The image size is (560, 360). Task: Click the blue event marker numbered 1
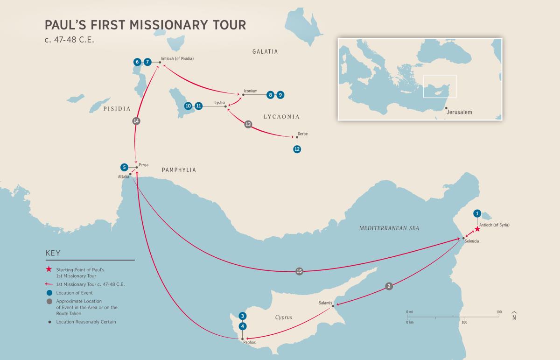click(477, 213)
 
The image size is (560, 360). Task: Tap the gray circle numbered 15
click(299, 271)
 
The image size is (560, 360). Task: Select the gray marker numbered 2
click(389, 287)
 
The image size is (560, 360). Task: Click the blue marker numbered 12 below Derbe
click(297, 149)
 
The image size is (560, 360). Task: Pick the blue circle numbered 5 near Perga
click(124, 167)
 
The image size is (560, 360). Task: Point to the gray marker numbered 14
click(136, 121)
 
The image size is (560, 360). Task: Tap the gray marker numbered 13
click(248, 124)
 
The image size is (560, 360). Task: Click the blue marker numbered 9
click(280, 95)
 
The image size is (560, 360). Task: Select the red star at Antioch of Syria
click(477, 229)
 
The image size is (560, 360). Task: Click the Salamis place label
click(325, 303)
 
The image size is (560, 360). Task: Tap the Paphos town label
click(250, 343)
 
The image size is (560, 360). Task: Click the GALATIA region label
click(265, 51)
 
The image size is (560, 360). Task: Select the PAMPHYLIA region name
click(179, 170)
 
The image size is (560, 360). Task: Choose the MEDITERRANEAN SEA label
click(389, 228)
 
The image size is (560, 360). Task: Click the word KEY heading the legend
click(53, 253)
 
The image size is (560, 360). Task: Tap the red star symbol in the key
click(49, 269)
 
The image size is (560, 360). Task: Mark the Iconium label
click(250, 91)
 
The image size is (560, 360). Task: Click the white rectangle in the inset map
click(440, 86)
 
